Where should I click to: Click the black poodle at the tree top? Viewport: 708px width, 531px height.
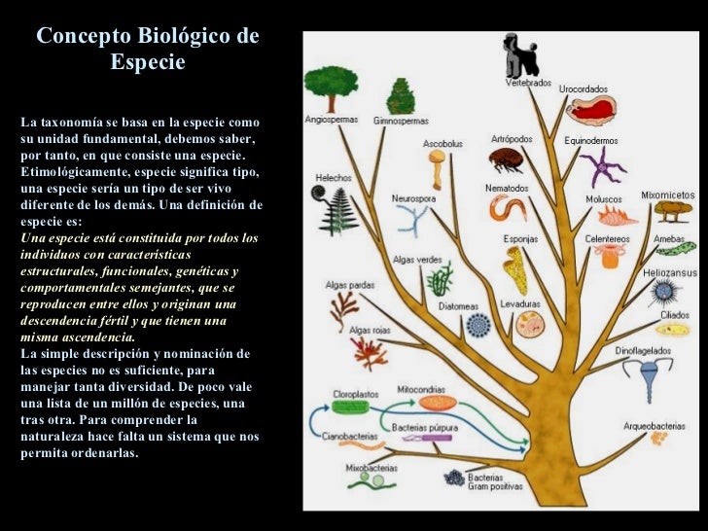(517, 55)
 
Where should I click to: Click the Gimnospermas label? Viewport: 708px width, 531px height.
(401, 121)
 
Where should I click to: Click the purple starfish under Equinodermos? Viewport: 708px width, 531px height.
(603, 166)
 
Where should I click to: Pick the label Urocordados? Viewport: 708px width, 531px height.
(584, 88)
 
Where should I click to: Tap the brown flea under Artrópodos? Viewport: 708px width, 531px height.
(506, 159)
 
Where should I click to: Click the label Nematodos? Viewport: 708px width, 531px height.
(508, 189)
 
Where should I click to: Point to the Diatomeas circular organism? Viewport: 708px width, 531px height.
(478, 325)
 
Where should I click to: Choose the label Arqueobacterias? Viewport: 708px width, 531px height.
(655, 424)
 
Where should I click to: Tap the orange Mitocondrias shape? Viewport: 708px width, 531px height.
(437, 403)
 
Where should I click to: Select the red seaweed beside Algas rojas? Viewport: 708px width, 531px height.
(370, 353)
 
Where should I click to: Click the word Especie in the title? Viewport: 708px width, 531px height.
(148, 62)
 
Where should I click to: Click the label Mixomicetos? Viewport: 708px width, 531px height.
(668, 195)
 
